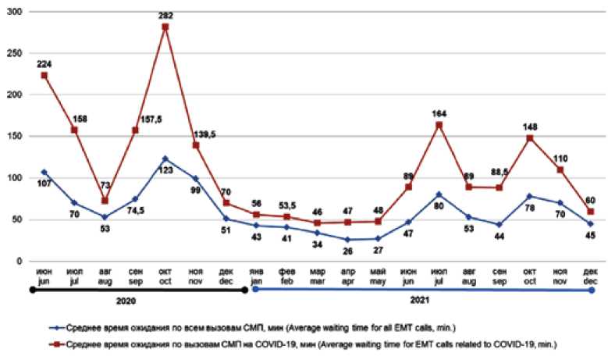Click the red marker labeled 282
point(165,27)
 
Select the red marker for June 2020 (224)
point(44,76)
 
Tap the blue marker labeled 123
point(165,159)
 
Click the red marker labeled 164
point(439,125)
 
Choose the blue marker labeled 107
point(44,172)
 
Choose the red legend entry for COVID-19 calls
point(297,344)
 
